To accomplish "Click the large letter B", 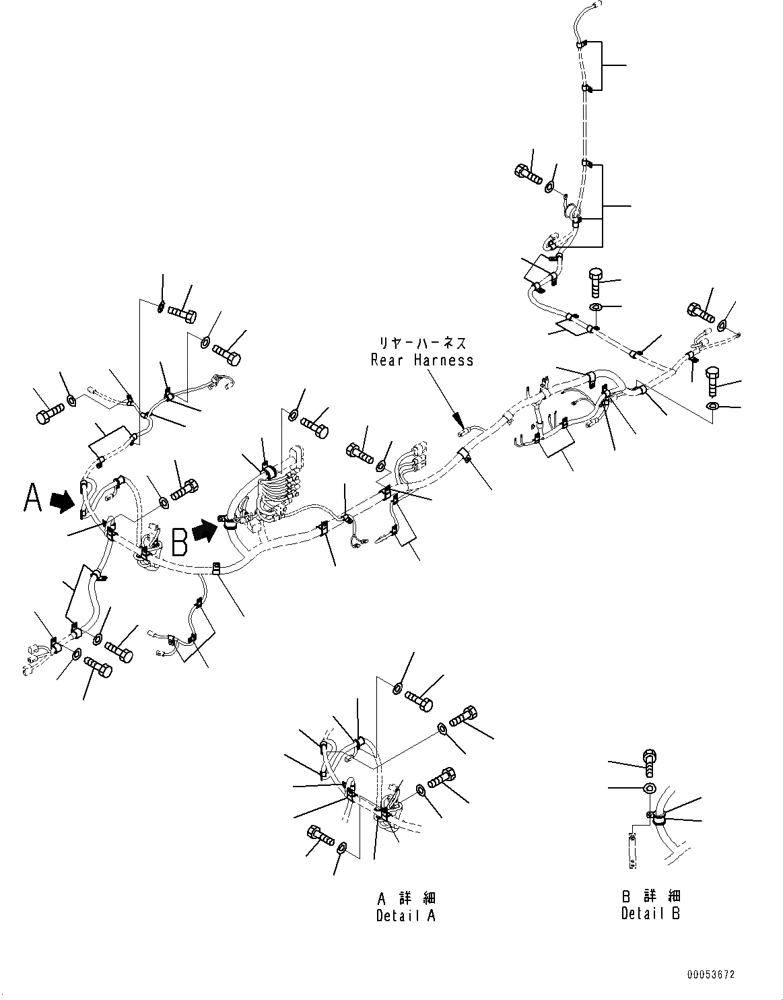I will click(179, 540).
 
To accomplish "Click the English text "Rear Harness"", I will click(422, 360).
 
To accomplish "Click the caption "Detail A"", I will click(406, 916).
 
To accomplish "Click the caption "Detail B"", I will click(650, 913).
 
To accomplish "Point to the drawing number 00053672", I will click(711, 974).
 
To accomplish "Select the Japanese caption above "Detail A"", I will click(406, 898).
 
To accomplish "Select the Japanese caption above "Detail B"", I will click(650, 896).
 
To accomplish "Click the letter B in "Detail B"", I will click(675, 913).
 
